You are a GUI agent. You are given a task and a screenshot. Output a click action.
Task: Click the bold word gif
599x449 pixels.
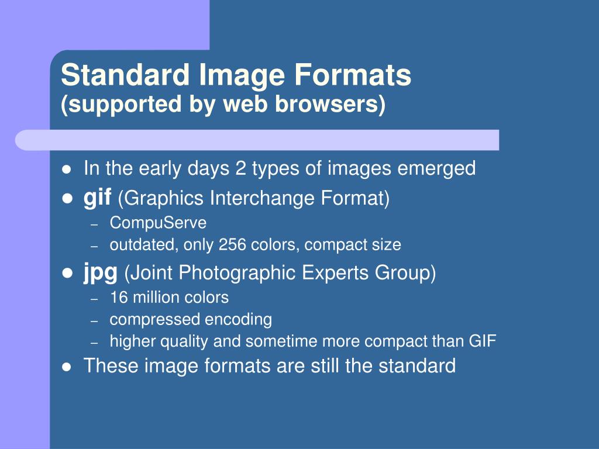click(97, 198)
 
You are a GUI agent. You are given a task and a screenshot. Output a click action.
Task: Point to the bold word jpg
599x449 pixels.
click(101, 272)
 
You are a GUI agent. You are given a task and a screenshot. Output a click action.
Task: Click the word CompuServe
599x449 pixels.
click(158, 223)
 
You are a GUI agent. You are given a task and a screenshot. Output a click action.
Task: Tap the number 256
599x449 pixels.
click(232, 244)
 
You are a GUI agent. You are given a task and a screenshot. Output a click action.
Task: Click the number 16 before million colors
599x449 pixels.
click(119, 297)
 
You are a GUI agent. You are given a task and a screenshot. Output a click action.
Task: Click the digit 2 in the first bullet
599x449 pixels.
click(240, 169)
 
